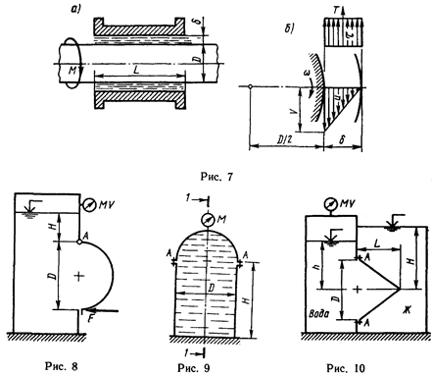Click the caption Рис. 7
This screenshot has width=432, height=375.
pyautogui.click(x=216, y=177)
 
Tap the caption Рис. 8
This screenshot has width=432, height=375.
pyautogui.click(x=62, y=366)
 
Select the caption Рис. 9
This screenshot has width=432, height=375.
pyautogui.click(x=194, y=367)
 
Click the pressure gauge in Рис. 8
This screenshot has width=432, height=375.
pyautogui.click(x=88, y=204)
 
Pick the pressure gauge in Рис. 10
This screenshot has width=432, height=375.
pyautogui.click(x=330, y=203)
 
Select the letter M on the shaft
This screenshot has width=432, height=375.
pyautogui.click(x=72, y=71)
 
